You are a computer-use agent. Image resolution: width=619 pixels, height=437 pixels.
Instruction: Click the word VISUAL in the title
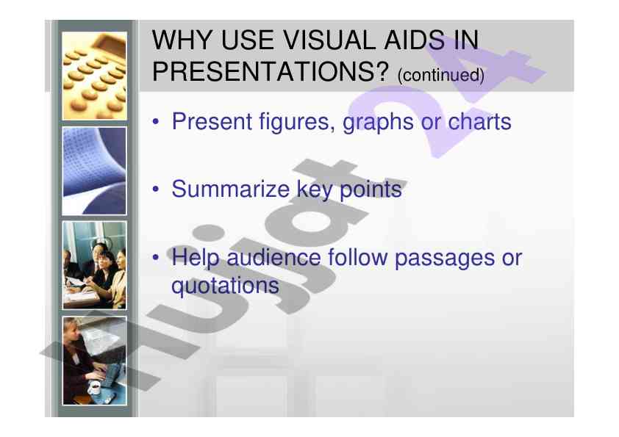[330, 40]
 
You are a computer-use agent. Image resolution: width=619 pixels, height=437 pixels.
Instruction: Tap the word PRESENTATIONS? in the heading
[271, 71]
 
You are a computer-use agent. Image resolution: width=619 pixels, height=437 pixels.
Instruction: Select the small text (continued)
[441, 75]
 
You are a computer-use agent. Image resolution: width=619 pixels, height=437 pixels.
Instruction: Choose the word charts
[479, 121]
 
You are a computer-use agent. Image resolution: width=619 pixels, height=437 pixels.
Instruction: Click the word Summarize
[231, 189]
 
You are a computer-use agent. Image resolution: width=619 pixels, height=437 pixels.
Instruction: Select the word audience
[273, 257]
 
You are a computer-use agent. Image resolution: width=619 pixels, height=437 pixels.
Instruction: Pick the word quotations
[225, 286]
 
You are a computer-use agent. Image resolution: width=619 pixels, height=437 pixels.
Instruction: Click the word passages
[445, 259]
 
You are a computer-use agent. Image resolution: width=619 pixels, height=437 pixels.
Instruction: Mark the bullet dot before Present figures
[156, 122]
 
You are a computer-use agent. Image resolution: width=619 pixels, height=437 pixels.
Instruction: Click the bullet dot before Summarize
[156, 189]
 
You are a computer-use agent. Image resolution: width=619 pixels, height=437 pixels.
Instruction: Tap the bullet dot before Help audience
[156, 258]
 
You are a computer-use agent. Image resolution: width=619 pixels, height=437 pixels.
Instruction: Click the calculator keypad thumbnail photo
[94, 76]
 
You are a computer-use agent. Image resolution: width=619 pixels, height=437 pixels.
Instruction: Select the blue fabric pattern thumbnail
[94, 171]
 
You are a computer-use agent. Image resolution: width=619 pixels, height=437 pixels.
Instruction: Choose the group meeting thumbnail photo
[94, 265]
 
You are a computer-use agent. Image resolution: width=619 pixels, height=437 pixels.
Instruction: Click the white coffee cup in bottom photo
[94, 388]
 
